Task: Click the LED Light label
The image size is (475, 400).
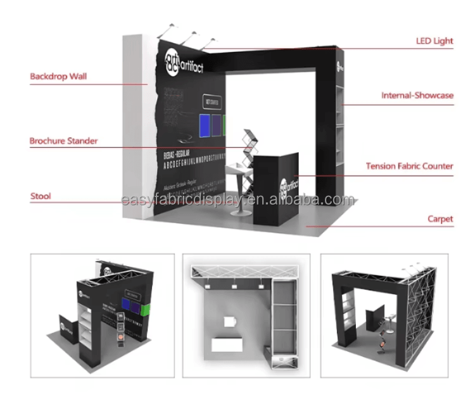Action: tap(434, 41)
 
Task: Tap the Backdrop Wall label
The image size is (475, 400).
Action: tap(58, 77)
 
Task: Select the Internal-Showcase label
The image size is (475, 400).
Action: tap(417, 96)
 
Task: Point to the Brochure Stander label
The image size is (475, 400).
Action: tap(63, 141)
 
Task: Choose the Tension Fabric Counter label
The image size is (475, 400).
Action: tap(409, 166)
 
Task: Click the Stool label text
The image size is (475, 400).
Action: tap(41, 197)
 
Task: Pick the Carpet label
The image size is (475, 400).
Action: tap(440, 219)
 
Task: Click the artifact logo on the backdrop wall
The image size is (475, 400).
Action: tap(184, 61)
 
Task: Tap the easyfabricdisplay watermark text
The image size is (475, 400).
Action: tap(237, 200)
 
